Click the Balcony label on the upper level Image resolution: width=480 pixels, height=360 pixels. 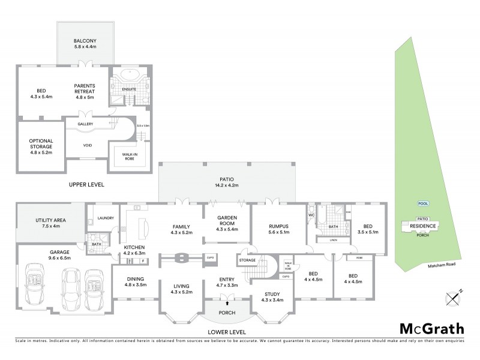(x=86, y=43)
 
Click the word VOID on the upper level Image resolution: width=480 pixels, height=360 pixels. (x=86, y=144)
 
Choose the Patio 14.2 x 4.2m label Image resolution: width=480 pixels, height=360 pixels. (x=226, y=181)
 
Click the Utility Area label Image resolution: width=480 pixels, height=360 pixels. (x=51, y=224)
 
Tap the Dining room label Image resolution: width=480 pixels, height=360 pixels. (x=135, y=281)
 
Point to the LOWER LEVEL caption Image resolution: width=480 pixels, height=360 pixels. (x=227, y=332)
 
